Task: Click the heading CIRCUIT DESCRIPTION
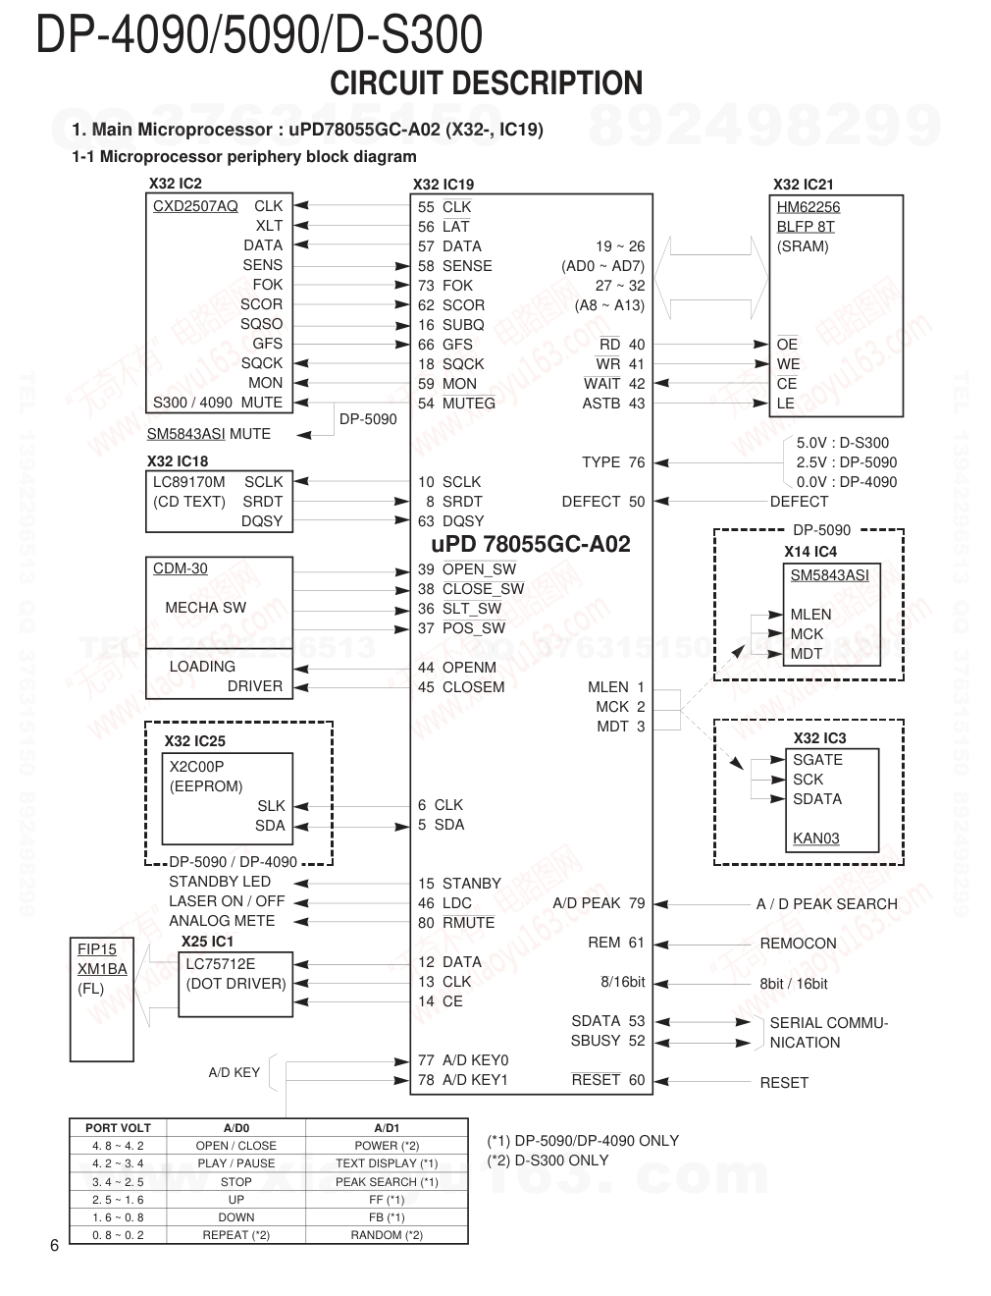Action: tap(486, 83)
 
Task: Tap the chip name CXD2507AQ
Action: tap(195, 206)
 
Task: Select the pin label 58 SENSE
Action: tap(455, 266)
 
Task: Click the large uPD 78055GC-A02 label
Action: tap(531, 545)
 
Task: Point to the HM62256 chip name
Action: tap(808, 207)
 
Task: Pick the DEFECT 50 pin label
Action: tap(602, 502)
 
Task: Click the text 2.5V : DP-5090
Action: tap(847, 462)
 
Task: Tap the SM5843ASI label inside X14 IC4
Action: tap(830, 575)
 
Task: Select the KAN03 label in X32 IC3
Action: tap(816, 838)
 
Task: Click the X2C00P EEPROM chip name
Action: tap(196, 767)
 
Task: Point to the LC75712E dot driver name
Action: tap(221, 964)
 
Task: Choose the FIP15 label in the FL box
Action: tap(97, 949)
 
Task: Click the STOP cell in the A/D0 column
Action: tap(236, 1182)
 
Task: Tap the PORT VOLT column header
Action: tap(118, 1128)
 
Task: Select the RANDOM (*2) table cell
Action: tap(387, 1235)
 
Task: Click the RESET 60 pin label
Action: tap(607, 1080)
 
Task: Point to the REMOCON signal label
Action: tap(798, 944)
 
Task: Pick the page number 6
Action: tap(55, 1246)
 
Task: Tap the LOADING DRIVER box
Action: tap(219, 676)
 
